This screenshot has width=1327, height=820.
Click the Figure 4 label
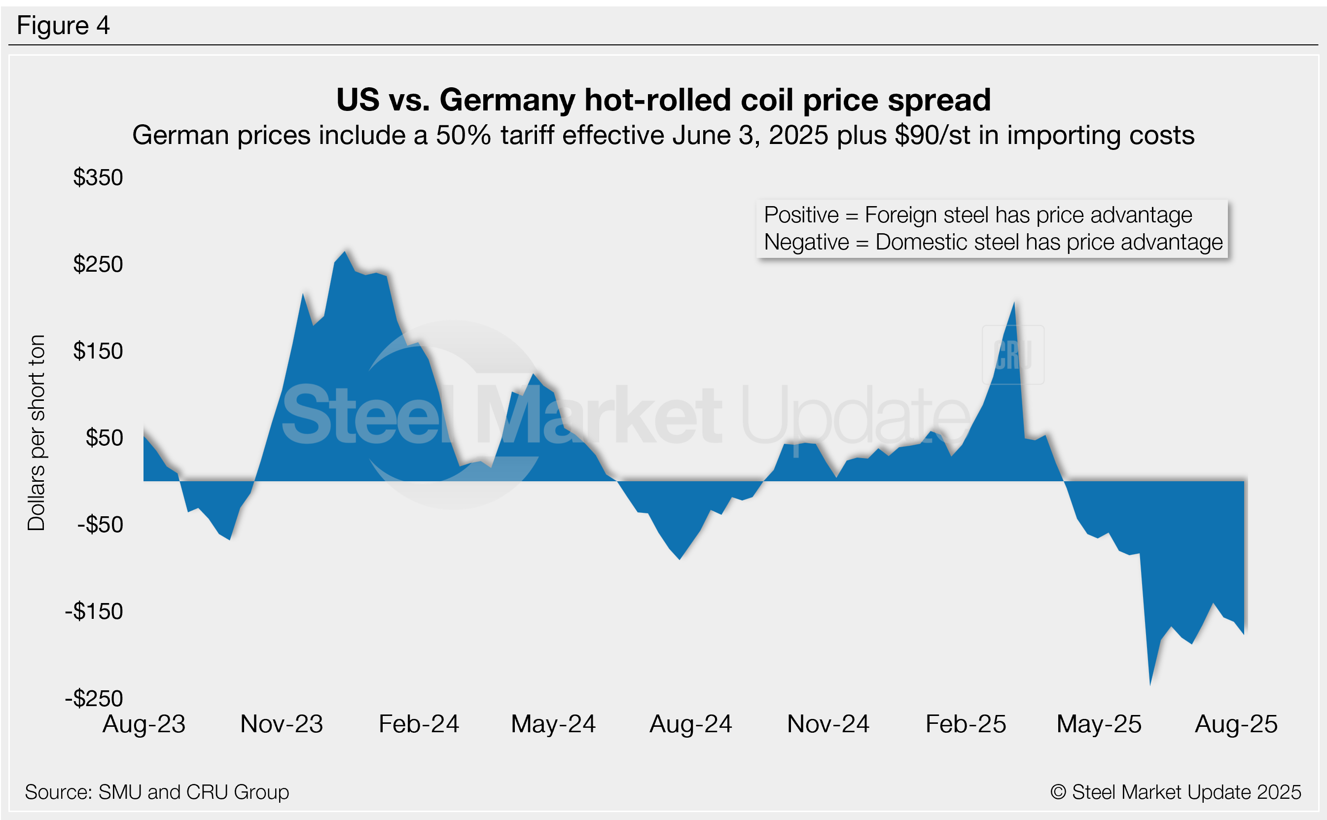coord(63,26)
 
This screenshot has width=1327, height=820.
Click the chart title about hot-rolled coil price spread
coord(663,100)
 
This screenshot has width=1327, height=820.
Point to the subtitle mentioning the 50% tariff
coord(663,135)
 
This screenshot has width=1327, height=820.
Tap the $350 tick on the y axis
coord(98,178)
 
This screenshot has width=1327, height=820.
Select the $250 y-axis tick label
coord(98,265)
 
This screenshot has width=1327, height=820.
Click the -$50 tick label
coord(100,525)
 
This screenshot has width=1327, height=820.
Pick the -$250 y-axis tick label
coord(94,699)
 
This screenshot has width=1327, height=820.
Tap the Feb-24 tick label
coord(419,724)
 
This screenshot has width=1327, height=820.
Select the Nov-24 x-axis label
coord(828,724)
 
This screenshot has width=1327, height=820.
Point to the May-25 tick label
coord(1099,724)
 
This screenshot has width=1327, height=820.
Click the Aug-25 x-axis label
coord(1236,724)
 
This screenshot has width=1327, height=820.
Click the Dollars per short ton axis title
coord(36,433)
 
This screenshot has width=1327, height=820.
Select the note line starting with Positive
coord(978,215)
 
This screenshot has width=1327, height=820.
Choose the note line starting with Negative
coord(993,243)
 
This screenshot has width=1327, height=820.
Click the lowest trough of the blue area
coord(1150,684)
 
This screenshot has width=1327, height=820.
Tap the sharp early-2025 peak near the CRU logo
coord(1013,304)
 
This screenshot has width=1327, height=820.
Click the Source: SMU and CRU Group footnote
coord(157,792)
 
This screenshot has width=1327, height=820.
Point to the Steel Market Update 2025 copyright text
coord(1176,792)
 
